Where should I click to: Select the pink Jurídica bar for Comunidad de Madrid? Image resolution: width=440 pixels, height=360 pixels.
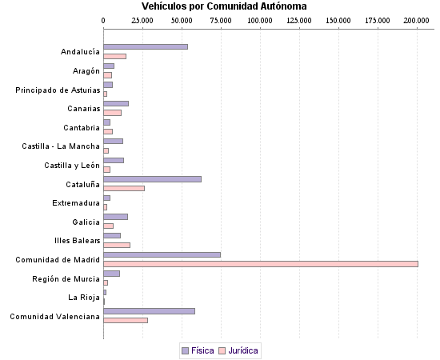coord(261,264)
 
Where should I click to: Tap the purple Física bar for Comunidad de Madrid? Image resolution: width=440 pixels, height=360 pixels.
coord(162,254)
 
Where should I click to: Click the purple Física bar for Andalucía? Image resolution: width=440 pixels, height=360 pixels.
coord(146,47)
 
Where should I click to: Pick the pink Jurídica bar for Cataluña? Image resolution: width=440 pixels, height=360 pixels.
coord(124,188)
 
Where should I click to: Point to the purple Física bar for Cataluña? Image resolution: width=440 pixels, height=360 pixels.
coord(152,179)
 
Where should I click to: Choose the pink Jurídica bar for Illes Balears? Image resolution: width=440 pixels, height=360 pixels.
coord(117,245)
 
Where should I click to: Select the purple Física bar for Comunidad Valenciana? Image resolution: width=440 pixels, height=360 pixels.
coord(149,311)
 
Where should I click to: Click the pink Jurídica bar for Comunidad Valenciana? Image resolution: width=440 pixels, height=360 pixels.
coord(126,320)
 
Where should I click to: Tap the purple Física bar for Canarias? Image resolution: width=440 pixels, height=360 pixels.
coord(116,103)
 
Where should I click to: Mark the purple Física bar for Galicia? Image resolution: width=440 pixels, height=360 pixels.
coord(115,217)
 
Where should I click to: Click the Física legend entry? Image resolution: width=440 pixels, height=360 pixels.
coord(198,350)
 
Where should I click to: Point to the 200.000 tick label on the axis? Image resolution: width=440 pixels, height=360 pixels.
coord(416,18)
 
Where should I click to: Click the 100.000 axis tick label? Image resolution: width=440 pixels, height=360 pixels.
coord(259,18)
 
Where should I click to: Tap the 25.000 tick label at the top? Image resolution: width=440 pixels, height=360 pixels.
coord(142,18)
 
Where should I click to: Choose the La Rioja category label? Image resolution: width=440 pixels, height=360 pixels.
coord(84,298)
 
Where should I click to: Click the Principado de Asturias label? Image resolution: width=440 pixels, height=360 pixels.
coord(58,90)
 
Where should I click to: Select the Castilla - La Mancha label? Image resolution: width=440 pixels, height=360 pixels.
coord(61,146)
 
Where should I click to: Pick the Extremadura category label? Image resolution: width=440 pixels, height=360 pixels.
coord(76,203)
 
